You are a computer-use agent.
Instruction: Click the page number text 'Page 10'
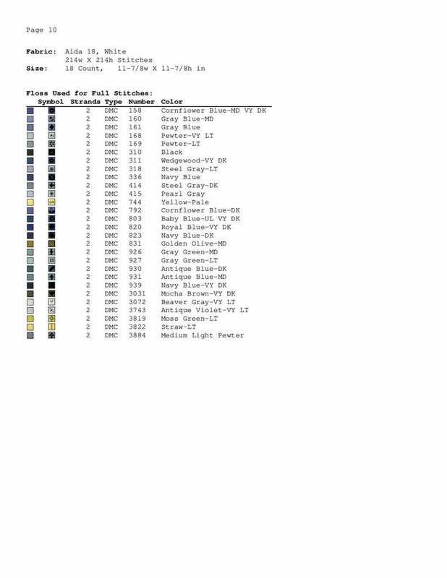pos(41,30)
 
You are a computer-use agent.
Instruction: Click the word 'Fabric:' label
pos(41,52)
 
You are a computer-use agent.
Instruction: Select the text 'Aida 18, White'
pos(95,52)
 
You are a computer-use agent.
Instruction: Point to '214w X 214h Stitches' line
pos(108,60)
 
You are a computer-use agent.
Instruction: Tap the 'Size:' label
pos(37,69)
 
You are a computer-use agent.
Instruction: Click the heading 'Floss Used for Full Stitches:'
pos(89,93)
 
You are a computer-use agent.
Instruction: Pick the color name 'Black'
pos(172,152)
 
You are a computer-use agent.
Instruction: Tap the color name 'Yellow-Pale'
pos(185,202)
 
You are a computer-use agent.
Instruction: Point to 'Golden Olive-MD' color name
pos(193,244)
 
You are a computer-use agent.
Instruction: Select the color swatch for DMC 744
pos(30,202)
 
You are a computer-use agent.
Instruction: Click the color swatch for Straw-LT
pos(30,327)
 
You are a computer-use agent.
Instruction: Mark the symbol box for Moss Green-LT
pos(52,319)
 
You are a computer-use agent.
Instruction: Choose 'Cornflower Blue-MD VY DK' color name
pos(213,111)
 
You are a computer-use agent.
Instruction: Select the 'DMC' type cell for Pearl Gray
pos(111,194)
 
